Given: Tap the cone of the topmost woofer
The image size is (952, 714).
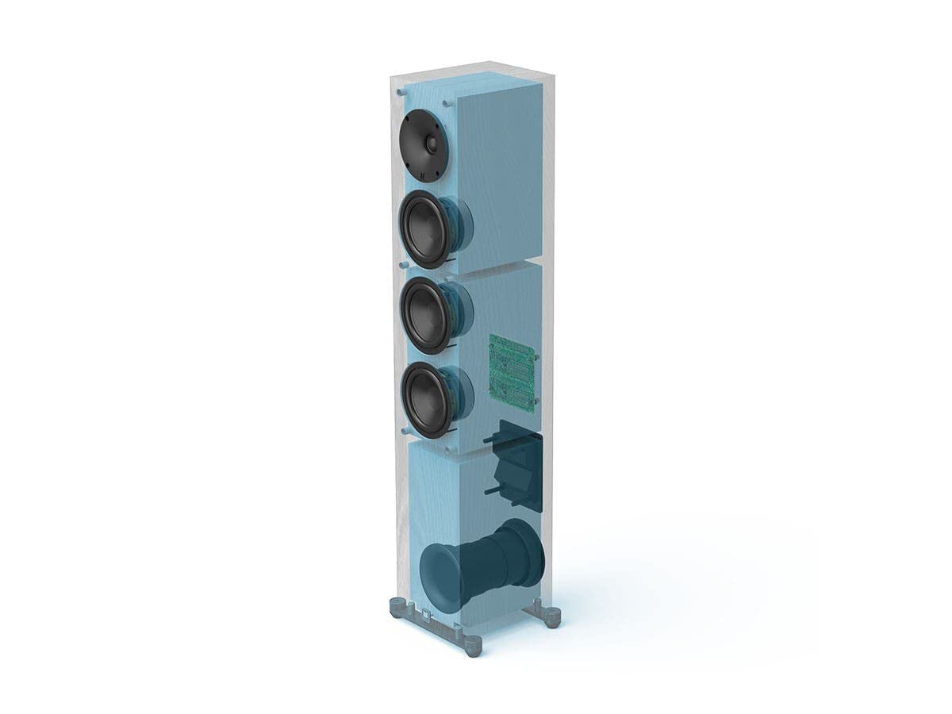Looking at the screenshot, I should [x=426, y=228].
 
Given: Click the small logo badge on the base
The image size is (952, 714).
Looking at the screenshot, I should [x=426, y=614].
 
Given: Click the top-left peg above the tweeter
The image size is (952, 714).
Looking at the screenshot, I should [x=402, y=92].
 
